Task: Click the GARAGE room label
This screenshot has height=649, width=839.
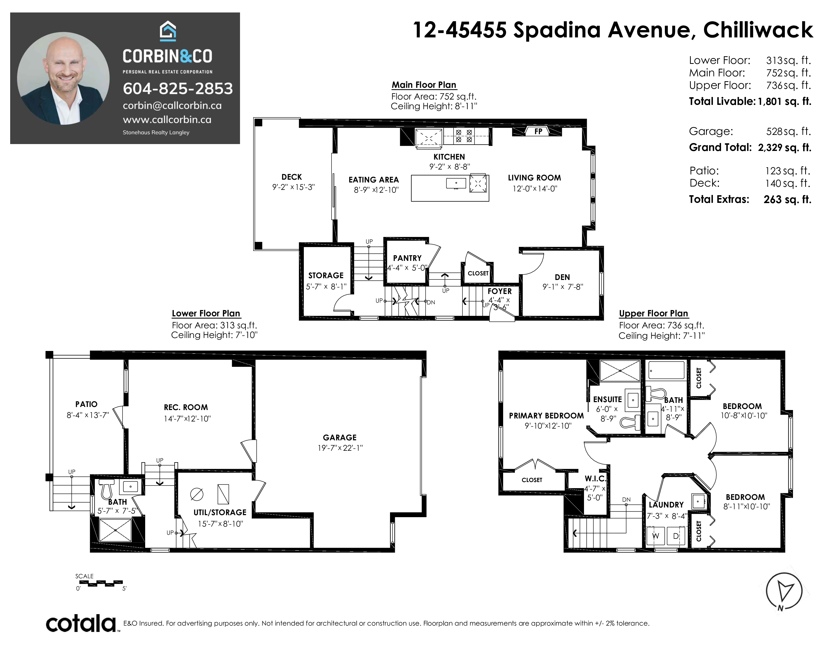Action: tap(340, 438)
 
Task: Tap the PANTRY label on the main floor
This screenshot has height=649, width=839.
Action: tap(407, 258)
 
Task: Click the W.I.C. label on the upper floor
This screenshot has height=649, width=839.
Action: tap(595, 479)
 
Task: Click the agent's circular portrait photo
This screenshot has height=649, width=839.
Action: tap(63, 78)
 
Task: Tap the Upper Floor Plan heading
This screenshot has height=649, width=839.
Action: tap(653, 313)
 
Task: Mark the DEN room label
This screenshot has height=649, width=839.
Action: tap(562, 277)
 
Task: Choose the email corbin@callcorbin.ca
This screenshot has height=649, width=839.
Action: tap(172, 106)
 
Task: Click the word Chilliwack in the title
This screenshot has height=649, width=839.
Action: tap(758, 30)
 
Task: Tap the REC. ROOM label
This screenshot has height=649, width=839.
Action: tap(186, 407)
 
